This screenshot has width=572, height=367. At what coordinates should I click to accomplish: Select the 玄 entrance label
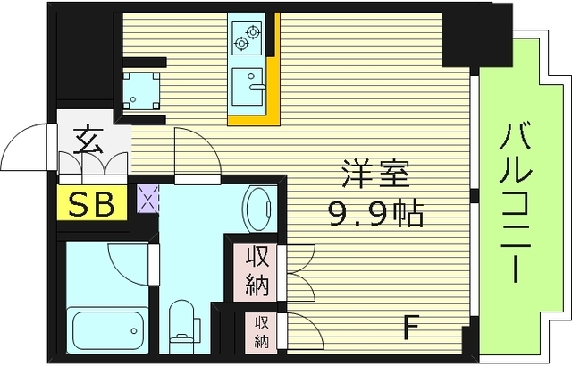(86, 141)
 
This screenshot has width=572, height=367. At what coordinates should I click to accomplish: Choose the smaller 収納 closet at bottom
(260, 331)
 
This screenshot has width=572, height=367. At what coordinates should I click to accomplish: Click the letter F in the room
(411, 324)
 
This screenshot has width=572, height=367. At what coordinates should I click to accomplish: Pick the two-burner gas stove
(245, 38)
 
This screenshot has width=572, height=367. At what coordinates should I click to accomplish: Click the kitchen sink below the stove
(247, 87)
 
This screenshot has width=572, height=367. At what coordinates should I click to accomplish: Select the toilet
(182, 322)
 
